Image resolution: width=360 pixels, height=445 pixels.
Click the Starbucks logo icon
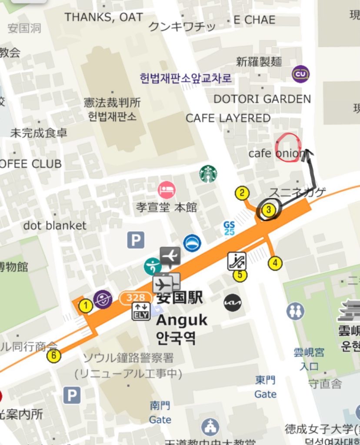[x=208, y=174]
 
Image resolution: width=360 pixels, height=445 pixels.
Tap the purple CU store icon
[x=300, y=74]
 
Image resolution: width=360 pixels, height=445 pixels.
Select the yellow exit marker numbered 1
[x=86, y=306]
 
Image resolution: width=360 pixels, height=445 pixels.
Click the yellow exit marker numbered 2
[x=242, y=193]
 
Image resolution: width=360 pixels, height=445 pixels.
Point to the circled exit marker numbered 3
[x=269, y=210]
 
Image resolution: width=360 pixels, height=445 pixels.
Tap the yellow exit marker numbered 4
[x=275, y=263]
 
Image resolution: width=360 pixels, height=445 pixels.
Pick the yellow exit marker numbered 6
[x=53, y=355]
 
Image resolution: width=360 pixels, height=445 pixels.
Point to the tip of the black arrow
[x=307, y=150]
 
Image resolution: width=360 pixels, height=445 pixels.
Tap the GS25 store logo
[x=229, y=228]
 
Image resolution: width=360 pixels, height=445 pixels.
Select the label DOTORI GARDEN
[x=262, y=99]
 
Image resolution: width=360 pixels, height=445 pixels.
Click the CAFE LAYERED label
[x=228, y=118]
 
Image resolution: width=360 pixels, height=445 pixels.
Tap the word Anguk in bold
[x=181, y=320]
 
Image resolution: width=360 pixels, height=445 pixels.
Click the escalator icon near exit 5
[x=237, y=261]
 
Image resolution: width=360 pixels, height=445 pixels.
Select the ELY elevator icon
[x=141, y=311]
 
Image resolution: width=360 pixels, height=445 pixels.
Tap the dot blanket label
[x=55, y=226]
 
